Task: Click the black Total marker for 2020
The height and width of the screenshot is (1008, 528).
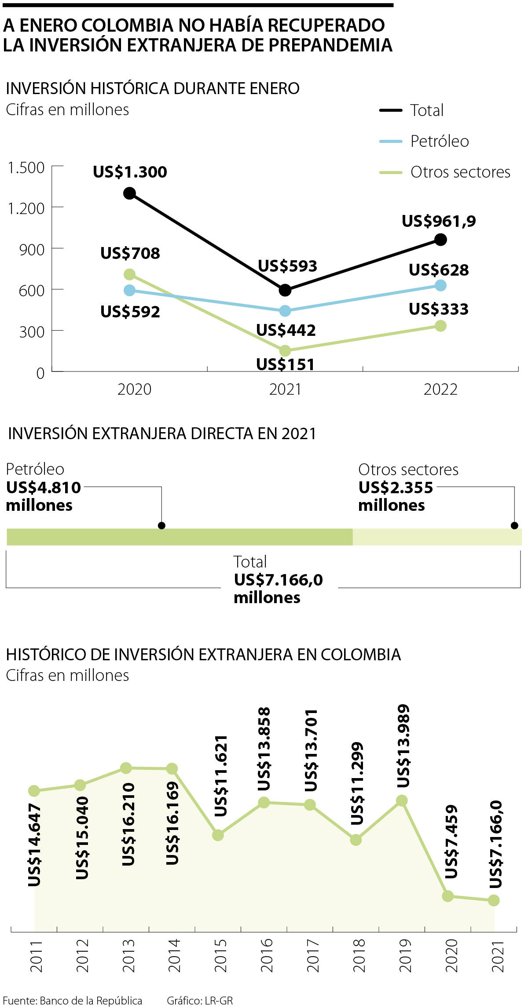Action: [129, 193]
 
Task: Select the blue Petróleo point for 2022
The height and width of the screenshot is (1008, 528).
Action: [440, 285]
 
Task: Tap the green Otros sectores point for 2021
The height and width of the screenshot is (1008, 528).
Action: [285, 350]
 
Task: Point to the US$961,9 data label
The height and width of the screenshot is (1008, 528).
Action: [439, 221]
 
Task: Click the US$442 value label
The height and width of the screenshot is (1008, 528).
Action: [286, 330]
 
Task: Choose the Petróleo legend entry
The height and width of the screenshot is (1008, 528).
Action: [439, 141]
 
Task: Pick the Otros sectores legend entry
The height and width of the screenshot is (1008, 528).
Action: [460, 172]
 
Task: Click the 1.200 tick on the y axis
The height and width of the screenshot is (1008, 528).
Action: [26, 208]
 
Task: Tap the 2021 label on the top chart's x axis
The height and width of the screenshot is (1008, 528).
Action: [285, 389]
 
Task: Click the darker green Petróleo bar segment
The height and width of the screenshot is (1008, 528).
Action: [180, 537]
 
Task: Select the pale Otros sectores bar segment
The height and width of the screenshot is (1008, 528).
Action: [437, 537]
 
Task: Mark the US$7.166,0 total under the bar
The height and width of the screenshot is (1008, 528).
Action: [278, 580]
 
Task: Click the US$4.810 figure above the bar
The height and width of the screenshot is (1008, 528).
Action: [44, 488]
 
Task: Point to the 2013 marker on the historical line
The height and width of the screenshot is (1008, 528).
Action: [126, 768]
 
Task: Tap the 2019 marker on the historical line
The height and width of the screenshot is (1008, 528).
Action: [401, 801]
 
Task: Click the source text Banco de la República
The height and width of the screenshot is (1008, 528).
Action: [91, 1001]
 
